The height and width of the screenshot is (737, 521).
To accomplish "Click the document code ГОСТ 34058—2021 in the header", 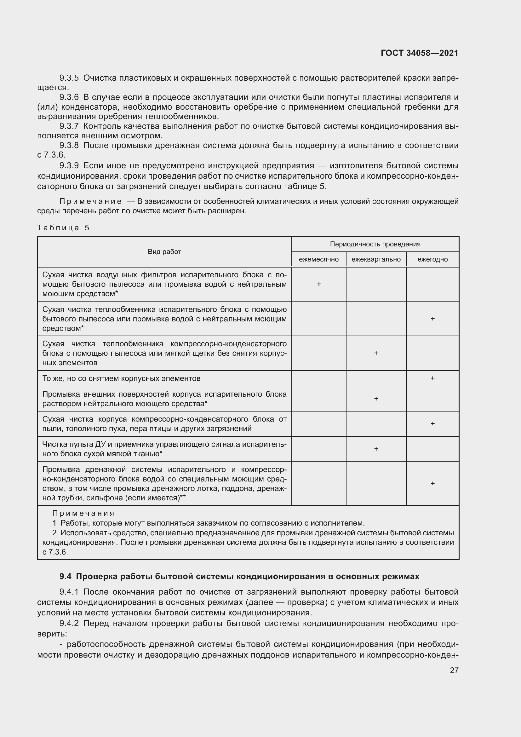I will coord(419,53).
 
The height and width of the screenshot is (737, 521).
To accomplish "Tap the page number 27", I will coord(454,670).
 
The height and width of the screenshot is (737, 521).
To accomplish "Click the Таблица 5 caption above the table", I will coord(63,227).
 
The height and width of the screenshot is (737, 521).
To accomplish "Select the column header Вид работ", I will coord(164,252).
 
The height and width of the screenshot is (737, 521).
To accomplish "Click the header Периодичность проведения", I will coord(375,244).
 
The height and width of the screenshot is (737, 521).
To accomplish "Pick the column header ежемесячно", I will coord(318,259).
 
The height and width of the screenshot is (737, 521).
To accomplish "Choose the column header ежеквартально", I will coord(376,259).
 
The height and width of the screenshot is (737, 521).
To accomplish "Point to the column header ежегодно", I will coord(432,259).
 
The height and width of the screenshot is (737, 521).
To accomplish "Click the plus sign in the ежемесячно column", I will coord(318,284).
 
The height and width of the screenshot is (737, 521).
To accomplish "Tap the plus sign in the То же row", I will coord(432,378).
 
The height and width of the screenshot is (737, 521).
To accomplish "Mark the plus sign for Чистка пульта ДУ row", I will coord(376,449).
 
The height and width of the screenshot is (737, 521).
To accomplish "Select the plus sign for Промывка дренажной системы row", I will coord(432,483).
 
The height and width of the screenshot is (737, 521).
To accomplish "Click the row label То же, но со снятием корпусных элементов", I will coord(121,378).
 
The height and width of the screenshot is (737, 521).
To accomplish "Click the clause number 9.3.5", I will coord(69,78).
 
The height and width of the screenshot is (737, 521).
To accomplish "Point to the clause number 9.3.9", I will coord(69,166).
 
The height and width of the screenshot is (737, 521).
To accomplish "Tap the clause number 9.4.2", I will coord(69,623).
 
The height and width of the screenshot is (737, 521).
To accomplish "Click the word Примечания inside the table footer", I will coord(83,513).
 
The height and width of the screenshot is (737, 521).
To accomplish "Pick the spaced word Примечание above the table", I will coord(90,201).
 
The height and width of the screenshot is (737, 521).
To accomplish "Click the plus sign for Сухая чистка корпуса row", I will coord(432,424).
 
